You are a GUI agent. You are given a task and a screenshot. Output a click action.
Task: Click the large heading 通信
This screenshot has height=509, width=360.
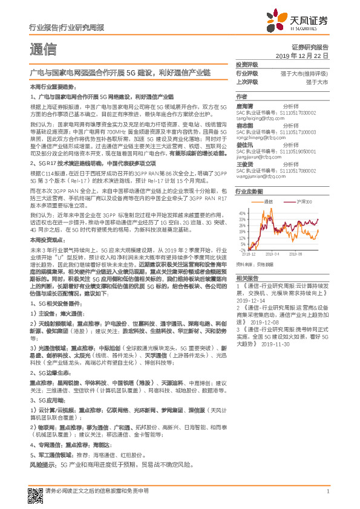click(x=43, y=50)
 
